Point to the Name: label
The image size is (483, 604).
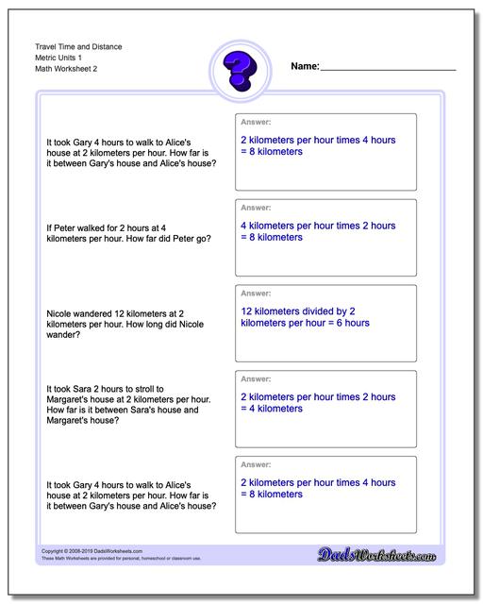click(x=305, y=67)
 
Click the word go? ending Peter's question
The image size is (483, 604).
click(x=202, y=239)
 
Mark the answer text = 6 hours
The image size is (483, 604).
click(x=344, y=323)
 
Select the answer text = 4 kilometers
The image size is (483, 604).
click(x=272, y=409)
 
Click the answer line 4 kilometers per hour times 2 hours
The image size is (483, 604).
click(x=318, y=226)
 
